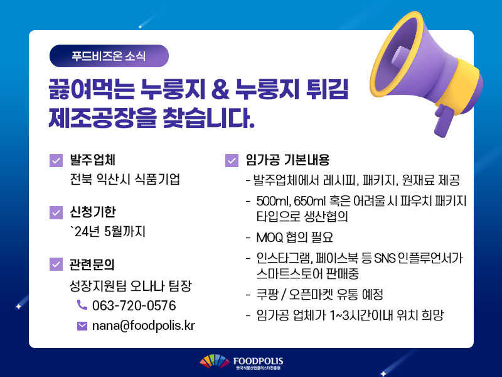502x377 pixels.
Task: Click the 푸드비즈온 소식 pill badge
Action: pos(109,56)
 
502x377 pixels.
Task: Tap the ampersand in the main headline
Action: pos(221,89)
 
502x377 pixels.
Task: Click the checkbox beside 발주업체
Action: pos(56,160)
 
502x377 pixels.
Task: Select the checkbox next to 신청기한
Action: pos(56,212)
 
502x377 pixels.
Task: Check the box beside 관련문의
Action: pos(56,264)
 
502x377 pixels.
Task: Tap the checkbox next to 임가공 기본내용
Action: pos(232,160)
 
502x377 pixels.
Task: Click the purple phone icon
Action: pos(82,305)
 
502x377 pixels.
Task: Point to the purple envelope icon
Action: pos(82,325)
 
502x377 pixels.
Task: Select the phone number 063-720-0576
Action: pos(134,305)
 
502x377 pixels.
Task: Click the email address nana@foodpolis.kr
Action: pos(144,325)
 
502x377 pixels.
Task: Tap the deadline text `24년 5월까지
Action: pos(108,231)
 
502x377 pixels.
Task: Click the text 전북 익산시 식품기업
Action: pos(125,179)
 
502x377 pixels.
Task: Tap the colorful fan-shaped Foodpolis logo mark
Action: pos(215,362)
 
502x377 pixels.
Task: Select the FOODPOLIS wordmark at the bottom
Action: pos(258,361)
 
